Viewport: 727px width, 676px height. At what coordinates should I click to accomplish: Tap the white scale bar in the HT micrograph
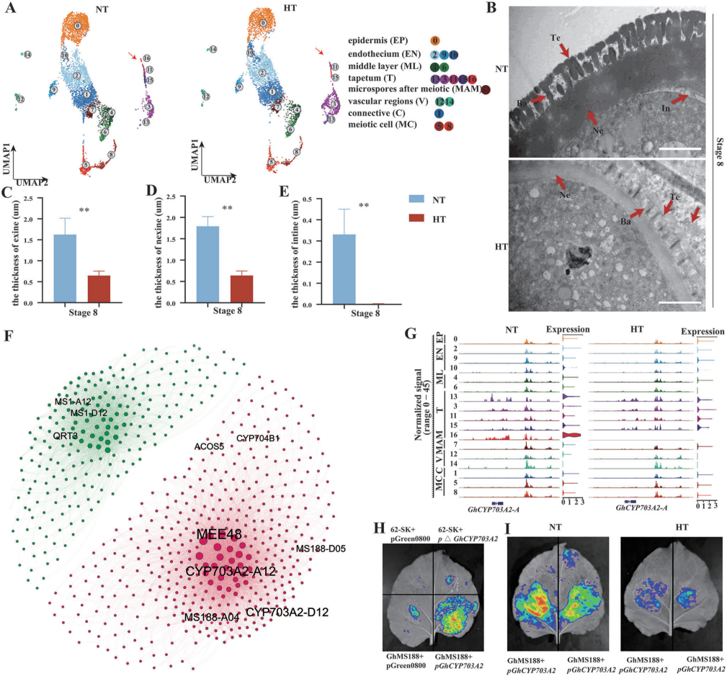[679, 303]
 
